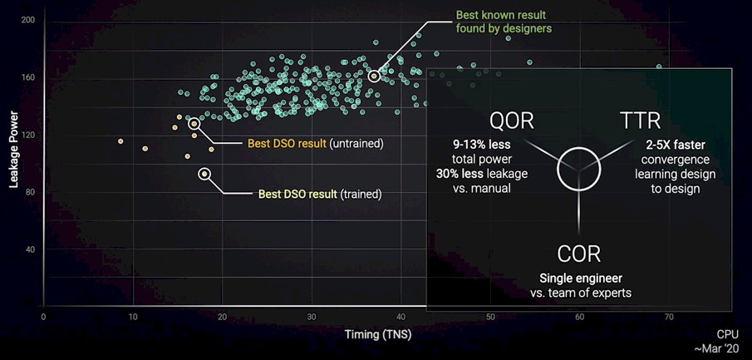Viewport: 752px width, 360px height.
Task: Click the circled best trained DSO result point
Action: [x=204, y=174]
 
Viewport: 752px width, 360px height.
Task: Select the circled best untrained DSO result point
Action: [x=194, y=124]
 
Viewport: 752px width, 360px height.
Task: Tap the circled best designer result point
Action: [x=374, y=76]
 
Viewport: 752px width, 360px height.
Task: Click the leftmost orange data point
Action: [x=120, y=141]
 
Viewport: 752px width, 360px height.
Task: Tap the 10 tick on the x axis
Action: [x=133, y=318]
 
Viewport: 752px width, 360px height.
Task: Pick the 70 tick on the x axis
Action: [x=669, y=318]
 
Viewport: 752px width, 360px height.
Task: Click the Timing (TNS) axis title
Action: [x=378, y=335]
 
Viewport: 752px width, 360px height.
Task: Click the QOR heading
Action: [x=511, y=121]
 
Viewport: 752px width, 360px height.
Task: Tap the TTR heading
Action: [x=640, y=121]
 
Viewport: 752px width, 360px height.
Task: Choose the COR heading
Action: [x=579, y=254]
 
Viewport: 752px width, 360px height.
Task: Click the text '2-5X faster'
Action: [x=676, y=145]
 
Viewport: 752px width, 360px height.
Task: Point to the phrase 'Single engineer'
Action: [x=581, y=278]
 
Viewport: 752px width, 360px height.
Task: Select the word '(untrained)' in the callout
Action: [x=356, y=144]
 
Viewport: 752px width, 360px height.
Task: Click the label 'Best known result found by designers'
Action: [x=504, y=22]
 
